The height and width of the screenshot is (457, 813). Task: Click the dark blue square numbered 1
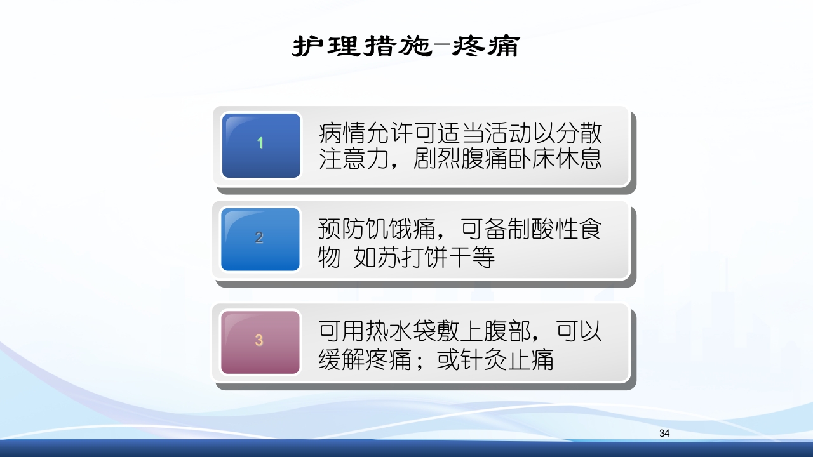260,145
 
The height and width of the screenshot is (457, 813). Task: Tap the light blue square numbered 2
260,239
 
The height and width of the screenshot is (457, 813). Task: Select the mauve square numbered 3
260,341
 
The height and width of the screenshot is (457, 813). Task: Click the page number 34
664,434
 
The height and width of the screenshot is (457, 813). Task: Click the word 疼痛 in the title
486,46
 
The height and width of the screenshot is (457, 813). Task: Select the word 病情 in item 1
342,134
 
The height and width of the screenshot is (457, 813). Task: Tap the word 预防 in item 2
342,229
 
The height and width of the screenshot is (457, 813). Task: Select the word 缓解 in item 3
342,361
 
